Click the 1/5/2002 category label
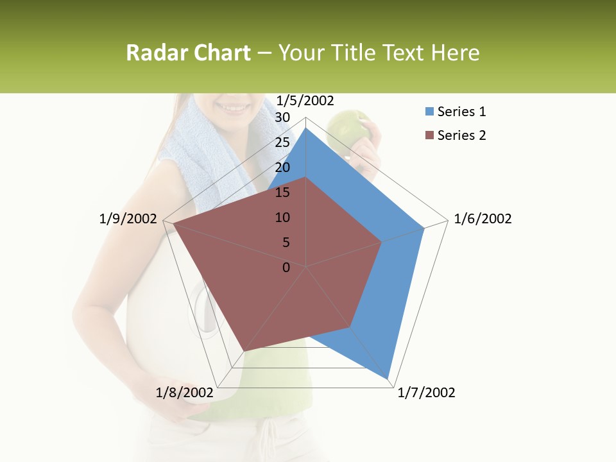(x=305, y=100)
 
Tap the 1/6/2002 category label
(x=483, y=219)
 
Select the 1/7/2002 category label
(x=426, y=393)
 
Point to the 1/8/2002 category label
(x=184, y=393)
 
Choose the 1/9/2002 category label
(x=128, y=219)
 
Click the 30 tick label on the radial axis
(x=282, y=117)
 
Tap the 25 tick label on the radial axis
(x=282, y=142)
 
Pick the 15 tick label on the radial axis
(x=282, y=193)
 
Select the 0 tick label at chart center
(x=286, y=268)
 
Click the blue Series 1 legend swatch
(x=429, y=112)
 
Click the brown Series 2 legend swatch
(x=429, y=135)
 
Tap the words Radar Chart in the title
(x=188, y=53)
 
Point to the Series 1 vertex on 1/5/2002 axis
(x=306, y=128)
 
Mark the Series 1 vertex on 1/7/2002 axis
(x=388, y=378)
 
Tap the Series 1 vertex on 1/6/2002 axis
(x=424, y=228)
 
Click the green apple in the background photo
(x=346, y=128)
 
